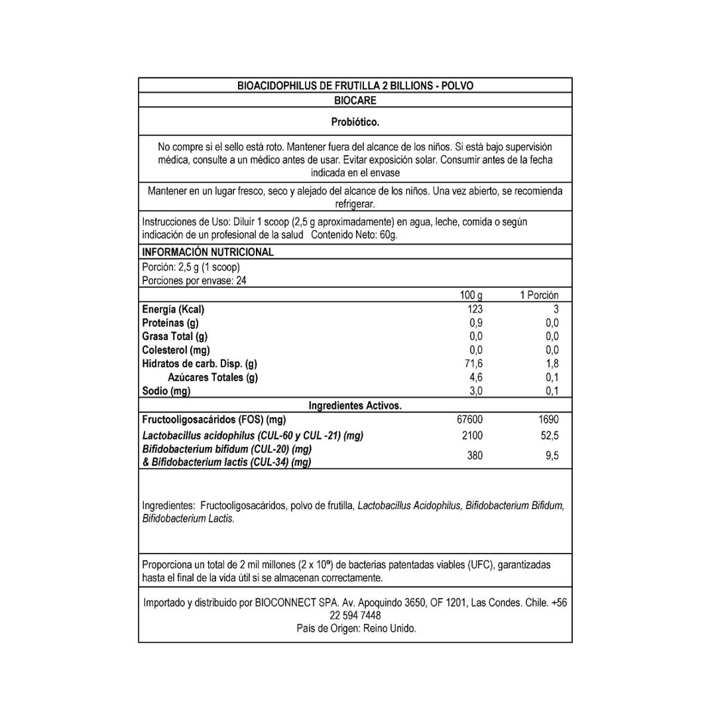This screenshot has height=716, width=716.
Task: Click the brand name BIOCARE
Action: pyautogui.click(x=355, y=100)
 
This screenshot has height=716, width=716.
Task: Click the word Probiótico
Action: pyautogui.click(x=355, y=122)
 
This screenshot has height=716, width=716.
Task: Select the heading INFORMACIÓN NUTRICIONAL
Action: pyautogui.click(x=208, y=252)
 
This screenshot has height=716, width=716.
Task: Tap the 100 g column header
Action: pyautogui.click(x=471, y=295)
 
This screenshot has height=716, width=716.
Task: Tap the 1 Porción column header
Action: pyautogui.click(x=539, y=295)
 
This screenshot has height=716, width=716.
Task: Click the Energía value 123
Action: pyautogui.click(x=475, y=309)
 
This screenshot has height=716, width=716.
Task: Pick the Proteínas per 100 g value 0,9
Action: pyautogui.click(x=476, y=323)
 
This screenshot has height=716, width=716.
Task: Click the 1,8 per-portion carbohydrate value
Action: pyautogui.click(x=552, y=363)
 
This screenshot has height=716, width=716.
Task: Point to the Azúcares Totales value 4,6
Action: pyautogui.click(x=476, y=377)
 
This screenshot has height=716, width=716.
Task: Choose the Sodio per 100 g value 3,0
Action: pyautogui.click(x=476, y=391)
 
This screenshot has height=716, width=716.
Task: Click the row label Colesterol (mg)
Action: pyautogui.click(x=175, y=350)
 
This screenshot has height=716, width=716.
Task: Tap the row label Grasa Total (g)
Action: pyautogui.click(x=174, y=337)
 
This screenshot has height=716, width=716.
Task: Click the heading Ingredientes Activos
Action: pyautogui.click(x=355, y=406)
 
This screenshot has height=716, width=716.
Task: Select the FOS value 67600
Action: pyautogui.click(x=470, y=419)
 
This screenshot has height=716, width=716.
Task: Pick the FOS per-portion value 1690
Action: pyautogui.click(x=548, y=419)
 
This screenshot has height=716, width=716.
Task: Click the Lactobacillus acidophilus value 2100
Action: pyautogui.click(x=472, y=436)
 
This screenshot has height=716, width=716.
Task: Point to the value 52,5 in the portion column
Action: pyautogui.click(x=550, y=436)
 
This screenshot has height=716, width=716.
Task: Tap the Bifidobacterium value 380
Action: pyautogui.click(x=475, y=456)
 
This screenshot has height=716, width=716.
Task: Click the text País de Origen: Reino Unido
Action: pyautogui.click(x=356, y=628)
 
